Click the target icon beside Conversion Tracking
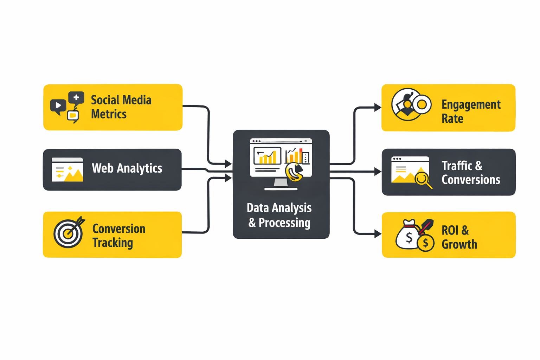click(69, 233)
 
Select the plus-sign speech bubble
click(76, 98)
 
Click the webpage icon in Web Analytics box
click(67, 169)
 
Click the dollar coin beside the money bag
click(425, 243)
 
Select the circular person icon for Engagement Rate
click(407, 104)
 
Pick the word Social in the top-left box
click(105, 100)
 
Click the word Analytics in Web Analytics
click(140, 168)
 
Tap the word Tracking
click(113, 243)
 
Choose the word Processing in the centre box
click(284, 223)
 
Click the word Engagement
click(471, 105)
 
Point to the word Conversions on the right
click(471, 180)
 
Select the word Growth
click(459, 244)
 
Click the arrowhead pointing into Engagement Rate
click(378, 107)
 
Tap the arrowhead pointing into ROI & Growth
click(378, 233)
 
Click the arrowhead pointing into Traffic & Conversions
click(378, 172)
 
